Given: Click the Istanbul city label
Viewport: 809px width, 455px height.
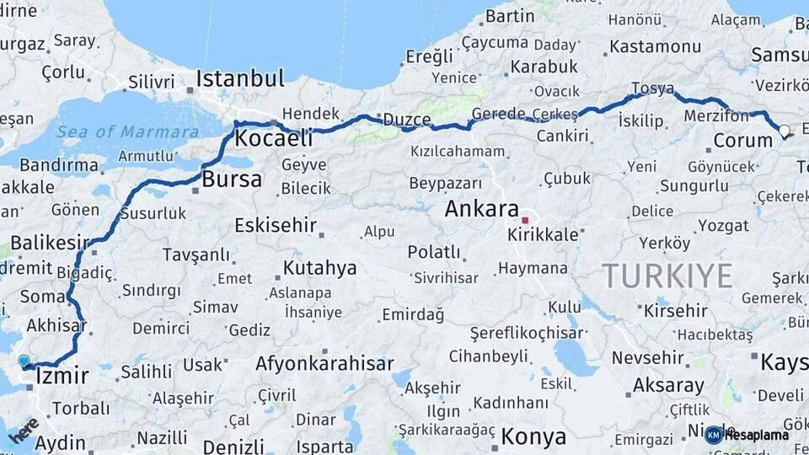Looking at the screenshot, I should pos(240,80).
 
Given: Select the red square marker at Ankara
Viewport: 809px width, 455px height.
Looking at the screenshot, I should pos(525,221).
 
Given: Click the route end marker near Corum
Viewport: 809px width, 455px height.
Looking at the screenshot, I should pos(785,131).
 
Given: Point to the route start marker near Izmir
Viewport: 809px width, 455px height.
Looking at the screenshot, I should pos(24,361).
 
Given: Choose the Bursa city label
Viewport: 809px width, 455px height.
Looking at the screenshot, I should pos(231,179).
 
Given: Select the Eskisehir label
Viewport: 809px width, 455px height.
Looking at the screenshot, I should pos(275,225).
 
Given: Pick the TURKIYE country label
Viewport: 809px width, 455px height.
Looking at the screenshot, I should pos(667,275).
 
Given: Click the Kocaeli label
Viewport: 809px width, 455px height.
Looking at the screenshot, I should pos(274,138).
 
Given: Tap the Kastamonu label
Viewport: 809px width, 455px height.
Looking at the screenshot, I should pos(655,45).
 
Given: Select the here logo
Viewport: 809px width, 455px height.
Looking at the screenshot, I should pos(23,430).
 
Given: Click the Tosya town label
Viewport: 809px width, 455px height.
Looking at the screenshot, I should pos(653,89).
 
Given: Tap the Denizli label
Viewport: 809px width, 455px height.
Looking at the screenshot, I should pos(233,446).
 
